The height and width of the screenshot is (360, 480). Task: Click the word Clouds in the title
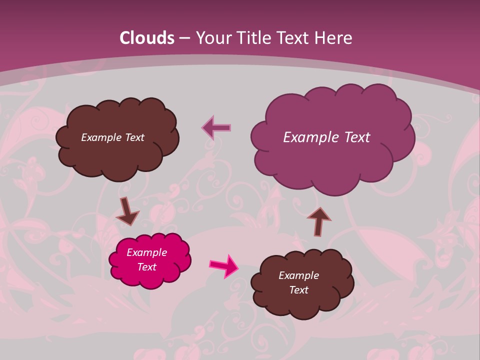pos(147,38)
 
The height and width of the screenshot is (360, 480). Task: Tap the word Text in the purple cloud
pos(357,137)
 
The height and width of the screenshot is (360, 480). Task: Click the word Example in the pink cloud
pos(147,252)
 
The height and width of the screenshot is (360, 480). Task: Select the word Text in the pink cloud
pos(147,267)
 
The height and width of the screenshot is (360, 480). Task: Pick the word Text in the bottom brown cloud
pos(299,290)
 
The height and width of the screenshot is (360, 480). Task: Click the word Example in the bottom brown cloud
pos(299,275)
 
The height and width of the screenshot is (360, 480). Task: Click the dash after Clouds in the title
pos(184,38)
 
